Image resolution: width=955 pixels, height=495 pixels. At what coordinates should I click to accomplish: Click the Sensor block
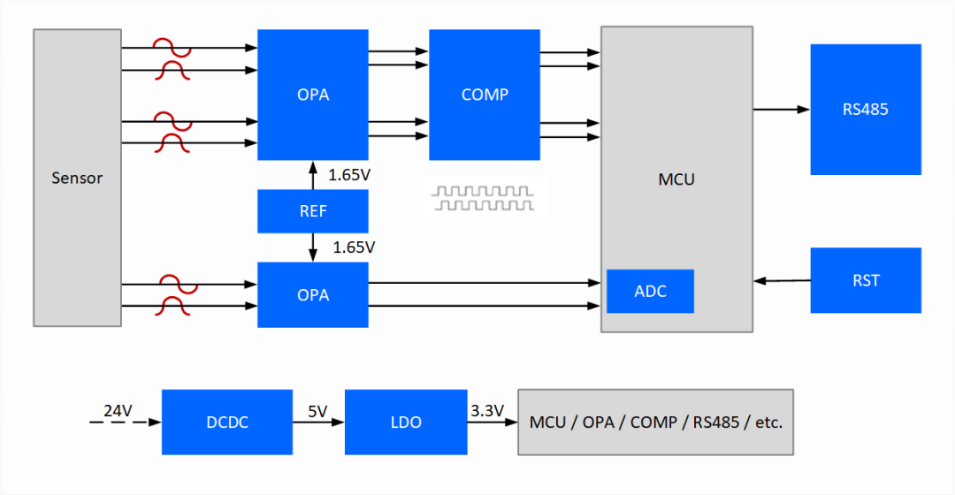pyautogui.click(x=77, y=178)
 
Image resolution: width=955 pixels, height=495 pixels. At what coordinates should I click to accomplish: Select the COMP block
pyautogui.click(x=485, y=95)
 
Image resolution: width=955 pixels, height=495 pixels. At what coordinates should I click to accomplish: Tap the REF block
pyautogui.click(x=313, y=211)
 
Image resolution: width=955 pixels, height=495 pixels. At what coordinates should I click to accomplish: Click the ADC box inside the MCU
pyautogui.click(x=650, y=292)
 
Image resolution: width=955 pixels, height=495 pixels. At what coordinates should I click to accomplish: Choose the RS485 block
pyautogui.click(x=865, y=110)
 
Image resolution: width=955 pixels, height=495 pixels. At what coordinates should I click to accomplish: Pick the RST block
pyautogui.click(x=866, y=280)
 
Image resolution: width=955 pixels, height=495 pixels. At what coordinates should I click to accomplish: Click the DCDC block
pyautogui.click(x=226, y=423)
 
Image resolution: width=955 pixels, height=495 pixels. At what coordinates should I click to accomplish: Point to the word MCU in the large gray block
pyautogui.click(x=676, y=179)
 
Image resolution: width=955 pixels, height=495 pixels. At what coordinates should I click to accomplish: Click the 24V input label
pyautogui.click(x=118, y=410)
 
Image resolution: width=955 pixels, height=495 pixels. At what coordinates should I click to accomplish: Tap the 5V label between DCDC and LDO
pyautogui.click(x=317, y=410)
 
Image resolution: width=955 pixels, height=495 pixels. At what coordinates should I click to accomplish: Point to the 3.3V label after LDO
pyautogui.click(x=486, y=410)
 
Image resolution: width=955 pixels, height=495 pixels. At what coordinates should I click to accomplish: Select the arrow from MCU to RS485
pyautogui.click(x=781, y=110)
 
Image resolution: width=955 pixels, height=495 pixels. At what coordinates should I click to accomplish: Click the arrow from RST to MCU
pyautogui.click(x=782, y=281)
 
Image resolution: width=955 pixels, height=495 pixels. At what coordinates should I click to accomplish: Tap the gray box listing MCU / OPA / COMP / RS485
pyautogui.click(x=655, y=423)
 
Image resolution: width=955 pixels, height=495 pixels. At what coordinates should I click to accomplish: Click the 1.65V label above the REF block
pyautogui.click(x=348, y=175)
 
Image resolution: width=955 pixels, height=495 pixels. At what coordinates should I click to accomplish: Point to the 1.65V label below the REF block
pyautogui.click(x=354, y=247)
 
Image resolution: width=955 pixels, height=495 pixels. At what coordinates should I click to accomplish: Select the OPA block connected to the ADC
pyautogui.click(x=313, y=295)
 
